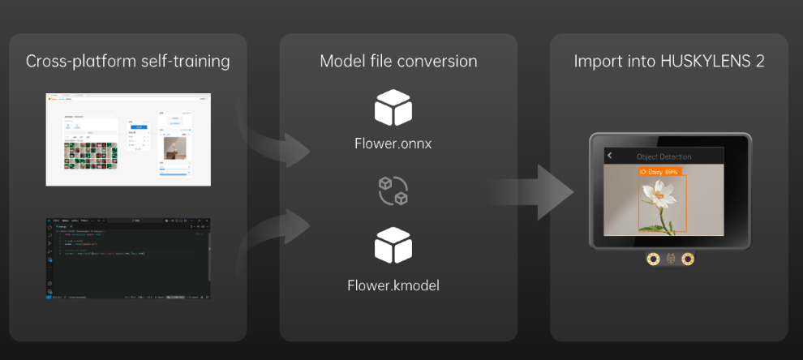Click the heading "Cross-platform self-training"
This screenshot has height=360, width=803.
click(x=127, y=62)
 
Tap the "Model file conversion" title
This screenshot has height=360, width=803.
click(x=398, y=62)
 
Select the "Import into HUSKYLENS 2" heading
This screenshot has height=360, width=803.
click(x=669, y=62)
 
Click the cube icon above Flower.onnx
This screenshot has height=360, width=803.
click(x=393, y=109)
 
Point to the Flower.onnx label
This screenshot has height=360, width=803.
click(x=393, y=144)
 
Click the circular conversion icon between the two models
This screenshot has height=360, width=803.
click(x=393, y=190)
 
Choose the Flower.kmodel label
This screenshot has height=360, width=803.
click(x=393, y=285)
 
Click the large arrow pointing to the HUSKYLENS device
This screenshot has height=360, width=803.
click(x=528, y=188)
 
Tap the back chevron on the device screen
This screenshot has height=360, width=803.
click(x=610, y=156)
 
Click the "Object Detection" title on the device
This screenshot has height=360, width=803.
click(x=663, y=156)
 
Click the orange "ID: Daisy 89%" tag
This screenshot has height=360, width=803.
click(x=659, y=172)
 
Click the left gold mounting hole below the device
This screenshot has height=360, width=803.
click(x=652, y=259)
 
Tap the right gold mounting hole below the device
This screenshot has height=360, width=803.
click(x=688, y=259)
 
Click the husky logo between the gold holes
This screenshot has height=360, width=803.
click(x=670, y=259)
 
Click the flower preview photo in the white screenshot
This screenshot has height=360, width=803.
click(x=174, y=147)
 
